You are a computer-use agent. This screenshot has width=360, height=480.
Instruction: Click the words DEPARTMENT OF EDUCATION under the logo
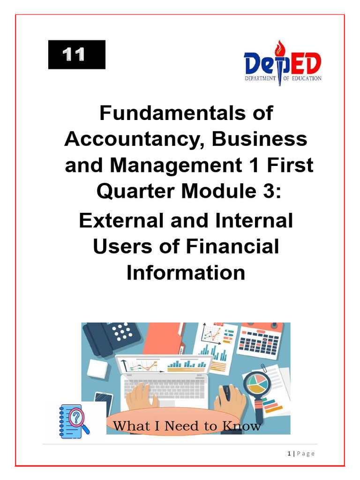(x=283, y=78)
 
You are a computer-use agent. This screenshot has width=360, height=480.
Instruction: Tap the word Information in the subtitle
(x=186, y=272)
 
